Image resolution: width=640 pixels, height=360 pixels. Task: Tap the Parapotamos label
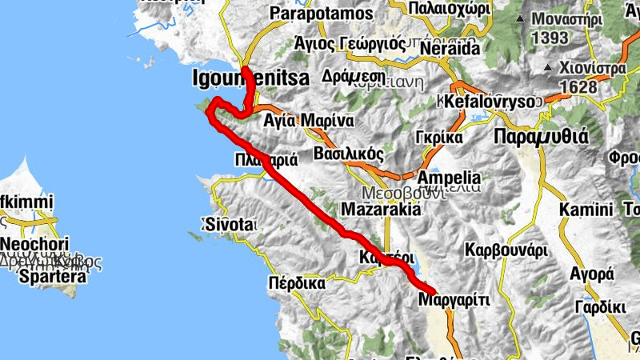tap(322, 14)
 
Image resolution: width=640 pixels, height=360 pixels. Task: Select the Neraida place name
tap(447, 48)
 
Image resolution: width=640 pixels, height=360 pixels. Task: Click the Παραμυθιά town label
tap(541, 136)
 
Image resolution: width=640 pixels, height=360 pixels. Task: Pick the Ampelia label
tap(450, 177)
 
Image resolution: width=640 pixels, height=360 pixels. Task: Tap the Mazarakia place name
tap(381, 210)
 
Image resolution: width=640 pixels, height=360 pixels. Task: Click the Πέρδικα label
tap(296, 282)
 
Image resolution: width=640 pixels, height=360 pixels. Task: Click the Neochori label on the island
tap(34, 244)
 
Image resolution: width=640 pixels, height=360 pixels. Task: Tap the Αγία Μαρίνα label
tap(309, 121)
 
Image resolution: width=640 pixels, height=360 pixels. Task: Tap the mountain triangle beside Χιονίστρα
tap(549, 69)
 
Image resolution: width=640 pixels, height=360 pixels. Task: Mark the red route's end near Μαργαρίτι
tap(433, 290)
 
